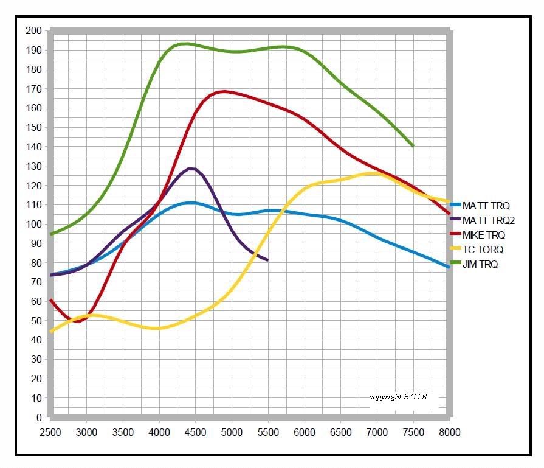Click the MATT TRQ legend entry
pos(486,206)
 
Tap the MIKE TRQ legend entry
pos(484,235)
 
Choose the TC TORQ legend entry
pos(483,250)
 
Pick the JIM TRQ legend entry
pos(480,264)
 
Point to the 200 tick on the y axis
pos(34,30)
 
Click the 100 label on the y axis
pos(34,224)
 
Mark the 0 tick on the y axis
pos(38,418)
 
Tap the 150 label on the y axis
pos(34,127)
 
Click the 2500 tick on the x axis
pos(50,432)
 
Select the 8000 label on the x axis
pos(449,432)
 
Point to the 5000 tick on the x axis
pos(232,432)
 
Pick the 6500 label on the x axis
pos(340,432)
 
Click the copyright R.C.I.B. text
pos(398,397)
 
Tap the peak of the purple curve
pos(191,169)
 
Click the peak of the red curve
pos(224,91)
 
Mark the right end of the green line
pos(413,146)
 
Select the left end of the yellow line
pos(51,332)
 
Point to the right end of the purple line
pos(267,260)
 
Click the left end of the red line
pos(51,300)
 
